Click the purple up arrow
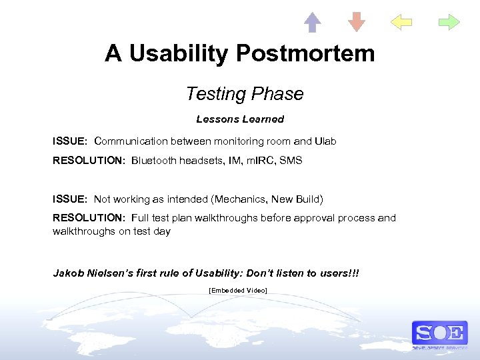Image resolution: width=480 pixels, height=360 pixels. (312, 22)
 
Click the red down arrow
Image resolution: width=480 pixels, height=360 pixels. (357, 22)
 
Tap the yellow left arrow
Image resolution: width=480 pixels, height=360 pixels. (401, 23)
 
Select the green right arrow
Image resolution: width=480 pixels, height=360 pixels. (449, 23)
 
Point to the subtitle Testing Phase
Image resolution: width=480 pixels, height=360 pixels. (244, 94)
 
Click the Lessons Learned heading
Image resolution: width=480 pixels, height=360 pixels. (240, 119)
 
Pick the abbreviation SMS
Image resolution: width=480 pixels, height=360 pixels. (291, 161)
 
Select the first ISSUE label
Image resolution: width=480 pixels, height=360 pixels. (70, 141)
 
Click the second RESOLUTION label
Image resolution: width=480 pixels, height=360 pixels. (89, 218)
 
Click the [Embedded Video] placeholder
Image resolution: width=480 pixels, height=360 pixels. (238, 291)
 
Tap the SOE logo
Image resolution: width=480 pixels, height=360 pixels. (439, 333)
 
